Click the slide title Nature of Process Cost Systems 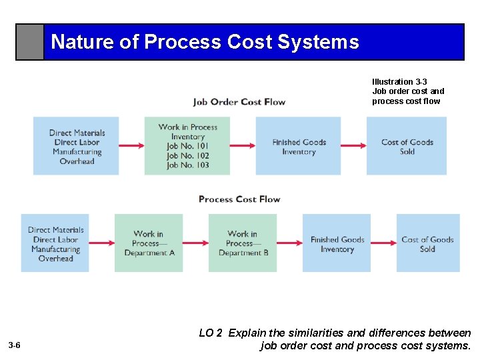pyautogui.click(x=205, y=42)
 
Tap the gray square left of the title pyautogui.click(x=30, y=43)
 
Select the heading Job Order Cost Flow pyautogui.click(x=239, y=102)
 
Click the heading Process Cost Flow pyautogui.click(x=239, y=199)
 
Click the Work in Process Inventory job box pyautogui.click(x=187, y=146)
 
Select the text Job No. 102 pyautogui.click(x=187, y=155)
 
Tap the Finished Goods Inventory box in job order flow pyautogui.click(x=298, y=146)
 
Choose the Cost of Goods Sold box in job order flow pyautogui.click(x=407, y=146)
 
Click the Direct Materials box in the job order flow pyautogui.click(x=76, y=146)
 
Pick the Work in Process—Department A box pyautogui.click(x=149, y=243)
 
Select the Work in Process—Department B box pyautogui.click(x=243, y=243)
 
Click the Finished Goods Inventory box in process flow pyautogui.click(x=337, y=243)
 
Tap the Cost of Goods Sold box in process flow pyautogui.click(x=427, y=243)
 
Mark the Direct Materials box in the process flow pyautogui.click(x=55, y=243)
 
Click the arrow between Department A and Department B pyautogui.click(x=195, y=243)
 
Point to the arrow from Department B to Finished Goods pyautogui.click(x=289, y=243)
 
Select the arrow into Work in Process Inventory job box pyautogui.click(x=131, y=146)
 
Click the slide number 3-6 pyautogui.click(x=15, y=345)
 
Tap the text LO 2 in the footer pyautogui.click(x=211, y=333)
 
